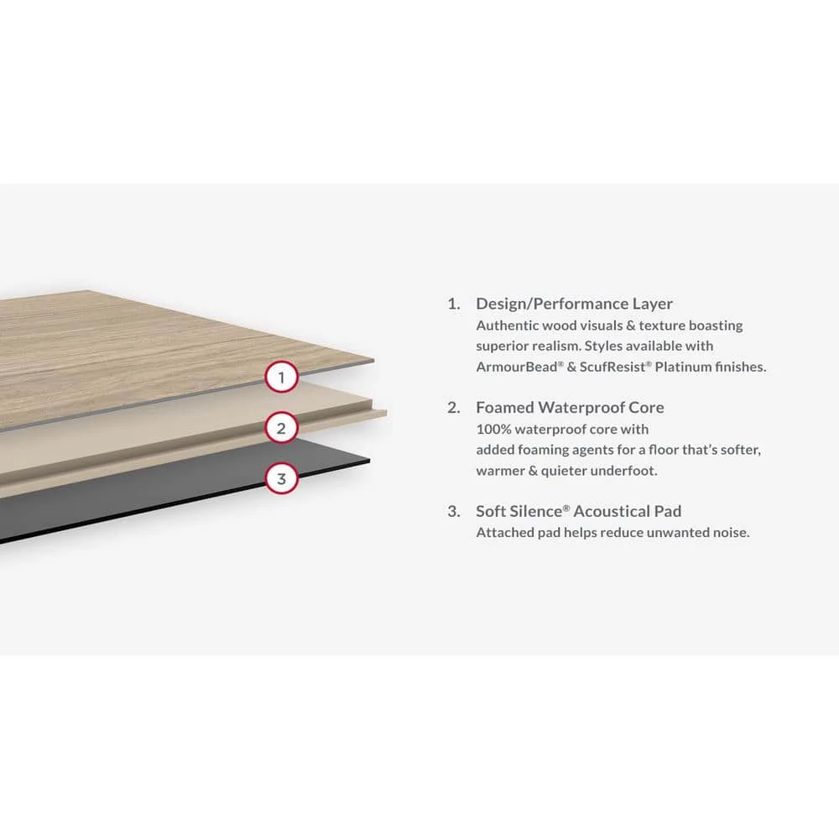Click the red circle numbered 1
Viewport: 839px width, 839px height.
(x=282, y=378)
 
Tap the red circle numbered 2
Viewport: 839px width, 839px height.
(x=282, y=429)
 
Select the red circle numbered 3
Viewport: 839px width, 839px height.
(x=282, y=479)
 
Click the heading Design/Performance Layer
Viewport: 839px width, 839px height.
(x=574, y=304)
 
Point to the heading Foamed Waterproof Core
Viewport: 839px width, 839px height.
(x=570, y=408)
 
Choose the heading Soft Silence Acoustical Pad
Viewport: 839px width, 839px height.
(x=578, y=511)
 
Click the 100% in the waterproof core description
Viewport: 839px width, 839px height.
(x=493, y=430)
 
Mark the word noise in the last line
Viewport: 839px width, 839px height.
(x=730, y=532)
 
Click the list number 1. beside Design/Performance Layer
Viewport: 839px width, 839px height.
(x=454, y=304)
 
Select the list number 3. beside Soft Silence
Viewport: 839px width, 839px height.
(x=454, y=511)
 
